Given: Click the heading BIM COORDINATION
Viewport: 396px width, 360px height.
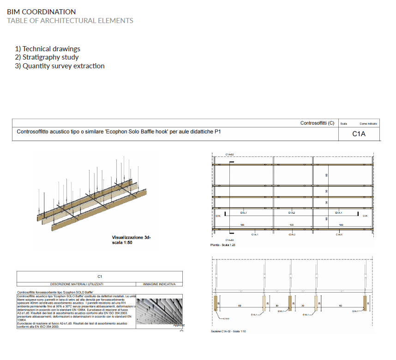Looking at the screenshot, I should [42, 12].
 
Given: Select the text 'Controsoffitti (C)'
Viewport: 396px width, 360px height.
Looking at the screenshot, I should [317, 123].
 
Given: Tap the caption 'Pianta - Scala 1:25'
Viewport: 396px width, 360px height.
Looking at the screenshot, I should [223, 245].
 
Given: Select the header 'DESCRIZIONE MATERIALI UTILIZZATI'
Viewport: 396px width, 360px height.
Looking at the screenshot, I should [77, 284].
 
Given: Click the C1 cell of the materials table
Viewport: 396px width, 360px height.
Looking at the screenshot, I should [99, 276].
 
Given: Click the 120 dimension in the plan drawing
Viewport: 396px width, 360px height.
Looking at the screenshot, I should [292, 225].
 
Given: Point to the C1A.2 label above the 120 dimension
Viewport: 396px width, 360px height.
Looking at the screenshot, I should [292, 213].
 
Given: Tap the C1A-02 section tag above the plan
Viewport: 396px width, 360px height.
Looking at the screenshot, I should [229, 154].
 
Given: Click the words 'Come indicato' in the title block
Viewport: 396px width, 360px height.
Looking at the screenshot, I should [368, 124].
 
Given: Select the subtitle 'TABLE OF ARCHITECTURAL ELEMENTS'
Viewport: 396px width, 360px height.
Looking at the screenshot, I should [70, 21].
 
